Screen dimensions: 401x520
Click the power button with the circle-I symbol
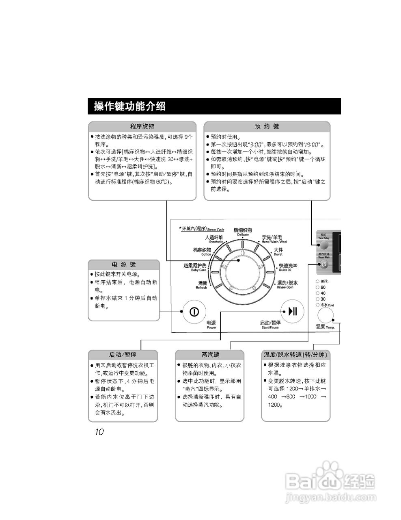coord(194,312)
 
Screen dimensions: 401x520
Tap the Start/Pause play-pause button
coord(293,312)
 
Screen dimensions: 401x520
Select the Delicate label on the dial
coord(243,232)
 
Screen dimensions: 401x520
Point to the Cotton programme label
coord(202,252)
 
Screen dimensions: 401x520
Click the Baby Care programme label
coord(195,267)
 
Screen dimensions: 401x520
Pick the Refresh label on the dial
coord(202,285)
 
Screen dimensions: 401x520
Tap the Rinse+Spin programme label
coord(287,284)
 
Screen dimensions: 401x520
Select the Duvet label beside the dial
coord(278,252)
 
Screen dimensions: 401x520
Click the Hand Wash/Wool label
coord(272,239)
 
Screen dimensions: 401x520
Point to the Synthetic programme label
coord(214,239)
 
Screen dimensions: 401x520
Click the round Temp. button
coord(325,315)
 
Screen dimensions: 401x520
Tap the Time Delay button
coord(323,245)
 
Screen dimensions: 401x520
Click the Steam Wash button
coord(323,264)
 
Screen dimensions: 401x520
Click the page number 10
coord(99,432)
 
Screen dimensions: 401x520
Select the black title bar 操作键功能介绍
coord(214,106)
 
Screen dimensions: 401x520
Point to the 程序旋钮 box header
coord(142,126)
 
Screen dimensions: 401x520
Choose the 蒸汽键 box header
coord(210,354)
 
